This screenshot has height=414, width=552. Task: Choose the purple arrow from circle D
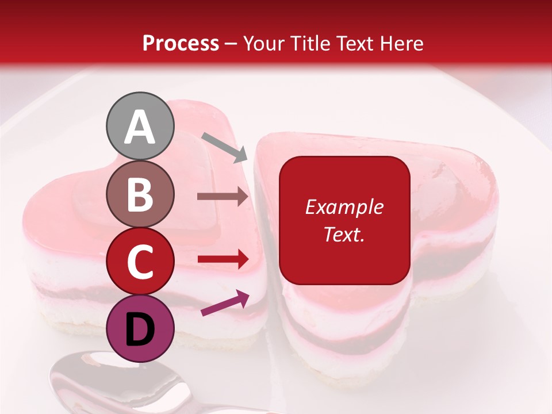[x=225, y=304]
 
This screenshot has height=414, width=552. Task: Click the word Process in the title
[x=181, y=43]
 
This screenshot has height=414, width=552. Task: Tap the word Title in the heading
[x=310, y=43]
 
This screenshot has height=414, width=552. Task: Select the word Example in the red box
[x=344, y=207]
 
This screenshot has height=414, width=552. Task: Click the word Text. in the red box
[x=344, y=234]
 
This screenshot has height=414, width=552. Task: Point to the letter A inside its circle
[x=140, y=126]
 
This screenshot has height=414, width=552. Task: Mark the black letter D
[x=140, y=329]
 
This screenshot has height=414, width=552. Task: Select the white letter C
[x=140, y=262]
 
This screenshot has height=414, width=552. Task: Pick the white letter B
[x=140, y=195]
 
